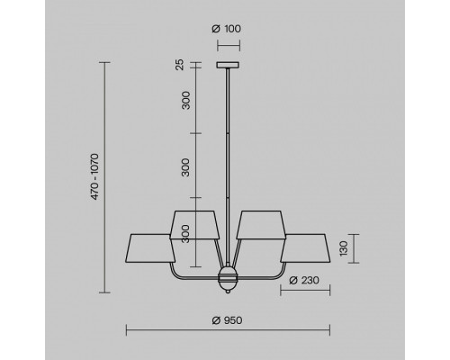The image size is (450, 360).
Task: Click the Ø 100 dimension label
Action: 226,29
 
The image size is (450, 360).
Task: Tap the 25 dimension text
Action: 179,65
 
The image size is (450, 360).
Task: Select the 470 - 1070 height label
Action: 94,176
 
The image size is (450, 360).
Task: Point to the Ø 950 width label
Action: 227,320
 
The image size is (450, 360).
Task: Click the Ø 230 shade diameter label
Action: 304,281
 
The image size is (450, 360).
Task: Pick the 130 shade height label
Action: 344,248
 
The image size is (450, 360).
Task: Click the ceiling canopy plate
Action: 228,65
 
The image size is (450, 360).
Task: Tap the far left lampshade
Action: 150,248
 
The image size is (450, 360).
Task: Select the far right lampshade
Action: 305,248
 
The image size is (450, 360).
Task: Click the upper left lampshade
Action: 194,225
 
